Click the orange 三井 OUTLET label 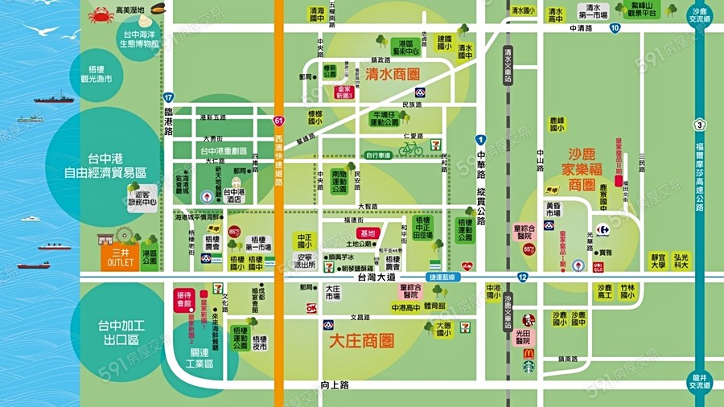tap(121, 257)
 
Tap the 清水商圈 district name tap(393, 74)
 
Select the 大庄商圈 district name tap(362, 341)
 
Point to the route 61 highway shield tap(278, 121)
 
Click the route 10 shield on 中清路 tap(615, 28)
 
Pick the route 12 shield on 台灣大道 tap(522, 277)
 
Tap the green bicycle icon tap(410, 149)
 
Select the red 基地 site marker tap(368, 232)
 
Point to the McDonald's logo tap(529, 353)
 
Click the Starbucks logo tap(529, 367)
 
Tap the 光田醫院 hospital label tap(528, 334)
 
